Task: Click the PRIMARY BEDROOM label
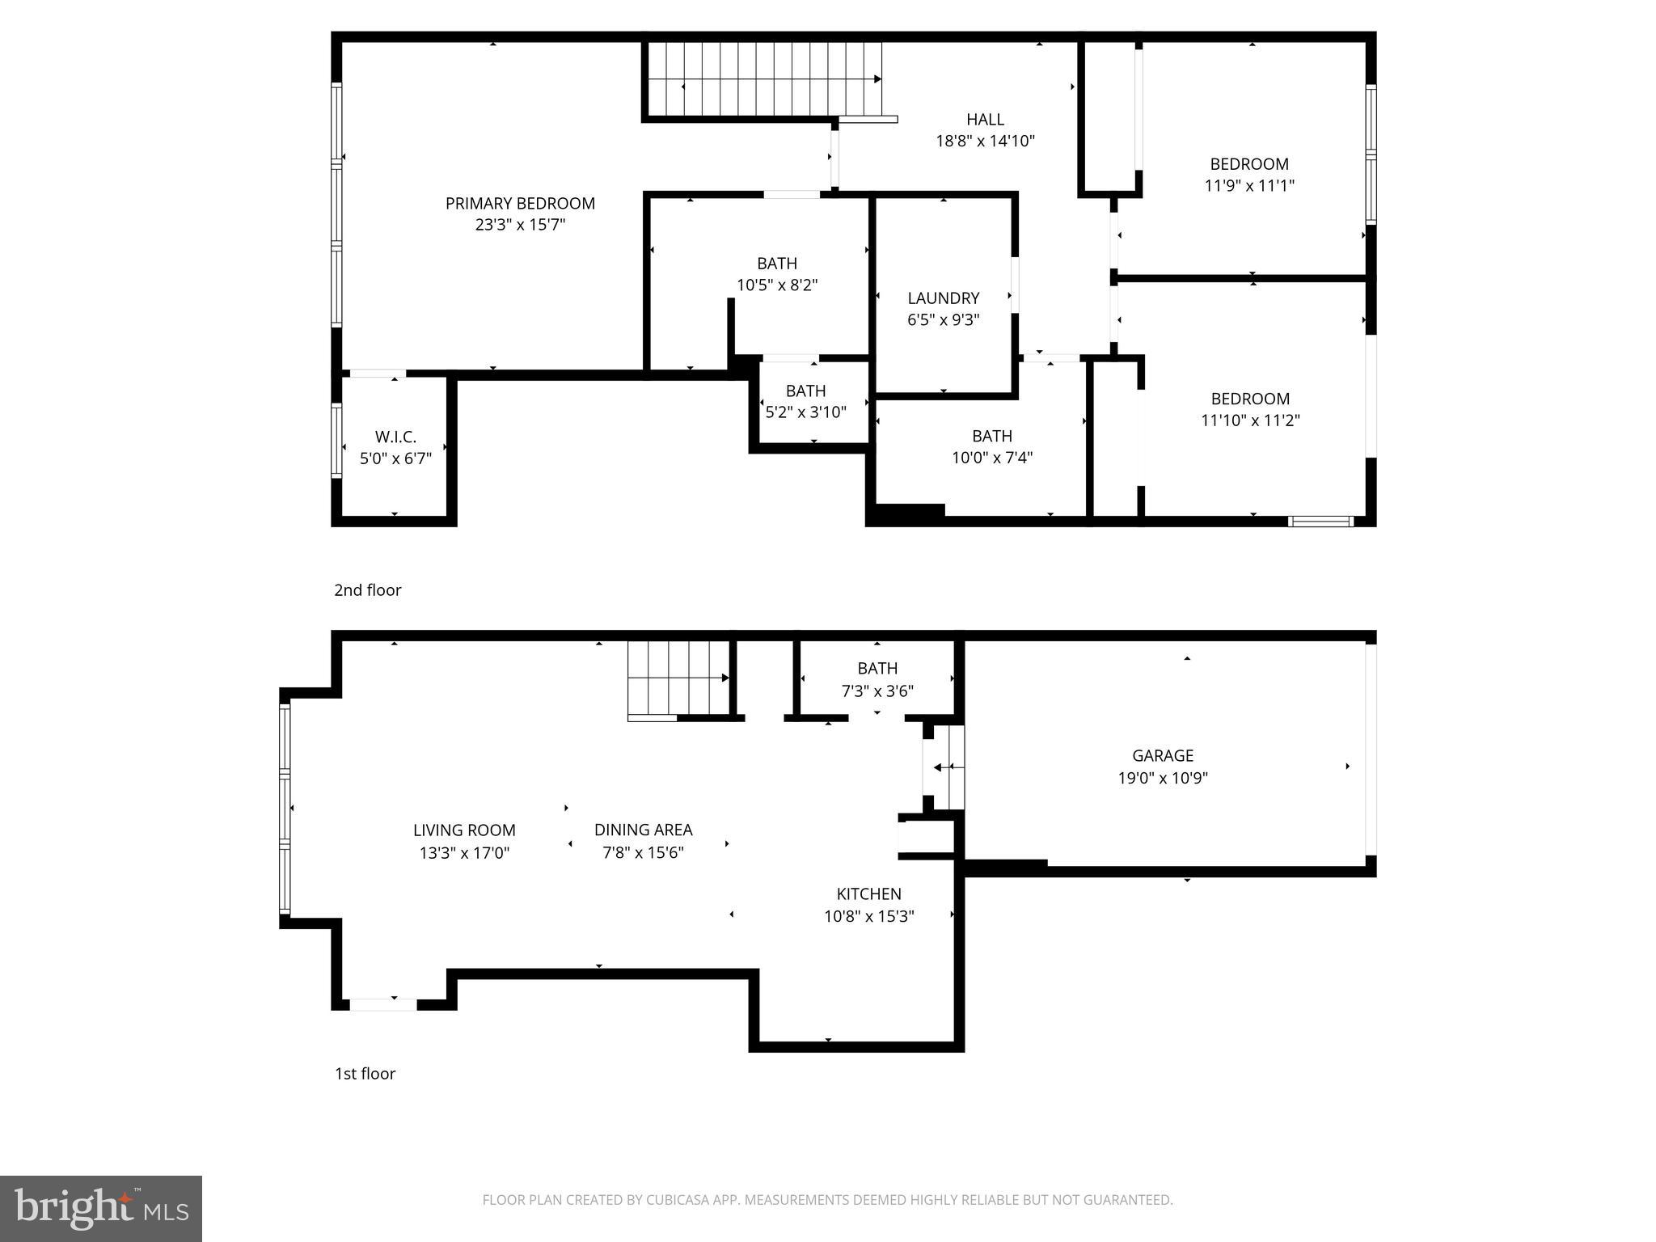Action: (520, 204)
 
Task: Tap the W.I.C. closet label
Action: (395, 437)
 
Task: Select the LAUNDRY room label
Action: (943, 298)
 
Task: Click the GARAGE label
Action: (1162, 756)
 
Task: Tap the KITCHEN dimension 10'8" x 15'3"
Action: (868, 916)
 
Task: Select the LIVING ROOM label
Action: (464, 830)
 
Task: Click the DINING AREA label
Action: (643, 830)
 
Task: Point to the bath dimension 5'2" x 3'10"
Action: (805, 412)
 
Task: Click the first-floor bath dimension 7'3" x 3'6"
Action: (877, 691)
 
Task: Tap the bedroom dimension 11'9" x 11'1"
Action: (1249, 185)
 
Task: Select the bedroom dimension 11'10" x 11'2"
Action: (1250, 420)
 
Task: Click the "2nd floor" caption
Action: (367, 590)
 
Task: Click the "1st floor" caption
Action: (365, 1074)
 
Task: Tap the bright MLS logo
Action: (101, 1208)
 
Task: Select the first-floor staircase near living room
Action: (678, 678)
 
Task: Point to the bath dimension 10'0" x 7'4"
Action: (991, 458)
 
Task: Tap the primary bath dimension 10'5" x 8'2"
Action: (776, 285)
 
